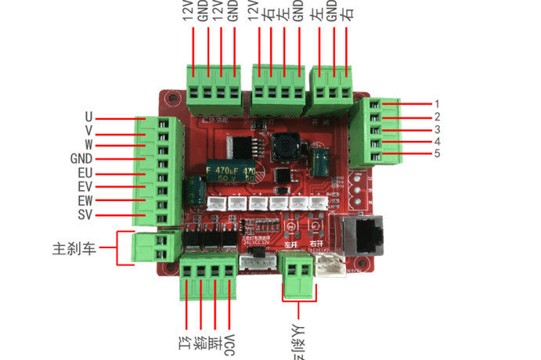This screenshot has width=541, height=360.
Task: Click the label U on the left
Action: (x=88, y=117)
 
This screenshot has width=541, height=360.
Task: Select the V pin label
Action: (x=88, y=131)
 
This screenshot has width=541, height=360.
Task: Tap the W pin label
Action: (x=88, y=145)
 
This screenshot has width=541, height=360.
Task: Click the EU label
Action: (x=85, y=173)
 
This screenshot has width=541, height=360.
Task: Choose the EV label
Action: (x=85, y=187)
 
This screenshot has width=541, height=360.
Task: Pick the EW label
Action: (x=85, y=201)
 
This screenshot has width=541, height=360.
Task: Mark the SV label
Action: (x=86, y=215)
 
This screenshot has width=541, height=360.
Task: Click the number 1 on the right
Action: (x=438, y=103)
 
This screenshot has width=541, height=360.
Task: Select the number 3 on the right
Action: (x=438, y=129)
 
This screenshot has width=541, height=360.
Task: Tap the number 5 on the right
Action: (x=438, y=153)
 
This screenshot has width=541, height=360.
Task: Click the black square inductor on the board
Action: (x=283, y=145)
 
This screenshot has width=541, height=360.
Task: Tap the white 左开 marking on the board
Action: (x=291, y=244)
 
